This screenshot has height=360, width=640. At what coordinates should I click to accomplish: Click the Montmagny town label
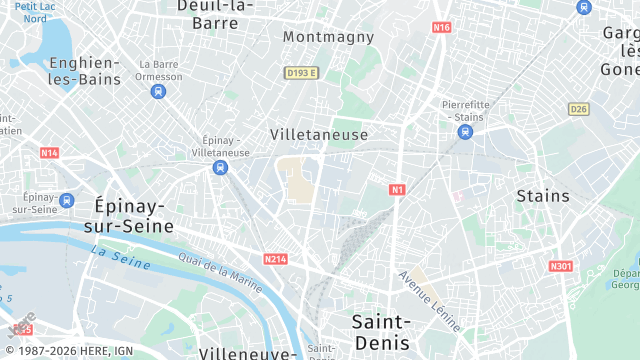click(328, 37)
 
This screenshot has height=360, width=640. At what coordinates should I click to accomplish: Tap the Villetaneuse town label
click(319, 134)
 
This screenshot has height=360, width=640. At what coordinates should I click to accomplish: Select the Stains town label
click(543, 196)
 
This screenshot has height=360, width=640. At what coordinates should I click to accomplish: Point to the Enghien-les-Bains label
click(84, 71)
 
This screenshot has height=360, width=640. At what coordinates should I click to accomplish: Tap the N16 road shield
click(442, 27)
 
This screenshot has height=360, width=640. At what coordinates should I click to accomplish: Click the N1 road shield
click(397, 189)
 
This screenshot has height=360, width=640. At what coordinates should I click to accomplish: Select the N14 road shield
click(49, 153)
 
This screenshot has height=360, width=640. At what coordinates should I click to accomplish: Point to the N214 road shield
click(276, 259)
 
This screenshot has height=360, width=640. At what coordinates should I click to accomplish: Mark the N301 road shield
click(561, 266)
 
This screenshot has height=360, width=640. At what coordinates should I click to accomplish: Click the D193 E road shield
click(300, 73)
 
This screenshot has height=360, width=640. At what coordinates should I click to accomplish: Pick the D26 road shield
click(578, 108)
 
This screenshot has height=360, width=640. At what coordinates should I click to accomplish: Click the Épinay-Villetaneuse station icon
click(217, 168)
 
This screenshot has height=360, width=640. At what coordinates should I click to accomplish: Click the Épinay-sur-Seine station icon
click(67, 200)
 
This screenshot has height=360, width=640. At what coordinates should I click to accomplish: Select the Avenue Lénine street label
click(429, 300)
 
